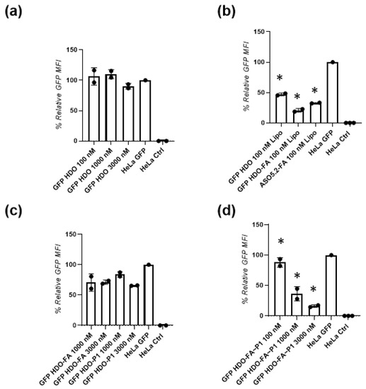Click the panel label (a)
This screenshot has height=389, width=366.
click(x=16, y=11)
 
